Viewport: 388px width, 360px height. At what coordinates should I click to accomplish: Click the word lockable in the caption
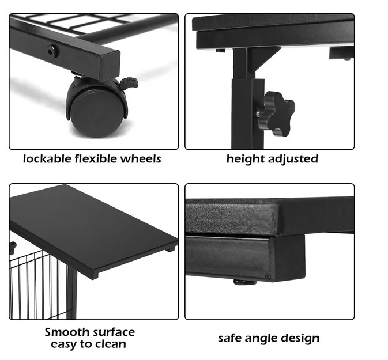click(x=47, y=159)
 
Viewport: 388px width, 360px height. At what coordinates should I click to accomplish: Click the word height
click(x=245, y=160)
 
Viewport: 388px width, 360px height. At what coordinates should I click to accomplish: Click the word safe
click(x=229, y=338)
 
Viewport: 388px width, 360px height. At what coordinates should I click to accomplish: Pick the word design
click(x=300, y=339)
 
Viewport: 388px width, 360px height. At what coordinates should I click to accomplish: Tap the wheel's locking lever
click(x=129, y=83)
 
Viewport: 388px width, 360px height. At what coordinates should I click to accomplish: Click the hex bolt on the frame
click(x=53, y=51)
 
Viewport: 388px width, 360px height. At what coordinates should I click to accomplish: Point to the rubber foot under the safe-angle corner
click(x=245, y=282)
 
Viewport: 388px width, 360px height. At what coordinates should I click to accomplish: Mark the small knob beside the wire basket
click(x=12, y=248)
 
